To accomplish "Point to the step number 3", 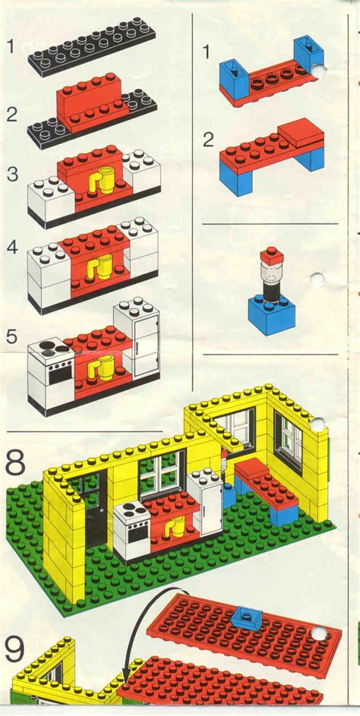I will click(12, 173).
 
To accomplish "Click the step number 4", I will click(12, 247).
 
